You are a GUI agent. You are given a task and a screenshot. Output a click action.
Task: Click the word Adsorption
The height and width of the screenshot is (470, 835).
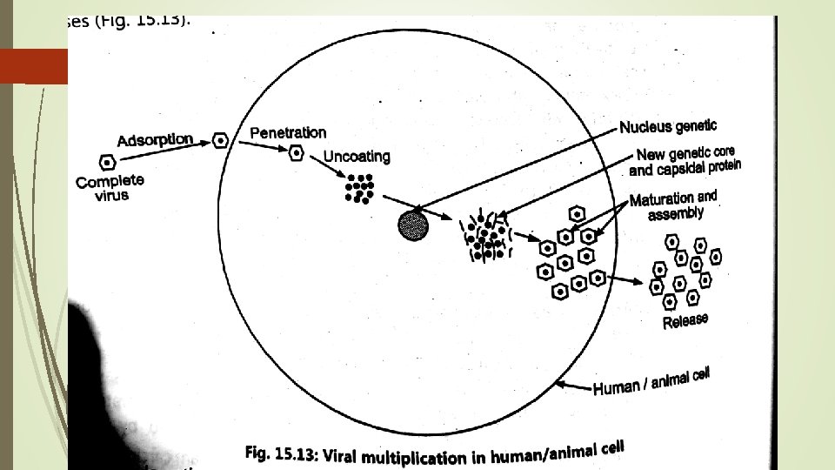[155, 139]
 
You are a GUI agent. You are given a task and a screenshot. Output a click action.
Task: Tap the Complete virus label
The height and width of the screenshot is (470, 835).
[110, 188]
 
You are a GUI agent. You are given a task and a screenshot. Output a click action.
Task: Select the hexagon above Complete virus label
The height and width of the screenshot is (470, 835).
[108, 162]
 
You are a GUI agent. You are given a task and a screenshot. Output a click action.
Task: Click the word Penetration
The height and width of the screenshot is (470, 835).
[288, 132]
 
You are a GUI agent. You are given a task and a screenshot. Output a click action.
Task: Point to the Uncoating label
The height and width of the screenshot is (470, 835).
[357, 157]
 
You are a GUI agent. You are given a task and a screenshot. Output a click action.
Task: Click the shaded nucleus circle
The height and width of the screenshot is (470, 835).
[414, 225]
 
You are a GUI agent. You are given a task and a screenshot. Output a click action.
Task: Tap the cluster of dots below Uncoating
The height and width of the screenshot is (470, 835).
[358, 188]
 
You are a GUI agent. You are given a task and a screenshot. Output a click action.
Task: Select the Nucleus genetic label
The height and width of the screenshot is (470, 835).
[668, 127]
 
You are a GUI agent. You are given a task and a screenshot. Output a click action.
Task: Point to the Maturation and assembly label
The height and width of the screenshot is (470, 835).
[673, 205]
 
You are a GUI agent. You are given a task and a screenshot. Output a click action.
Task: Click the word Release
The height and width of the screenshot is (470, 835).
[685, 321]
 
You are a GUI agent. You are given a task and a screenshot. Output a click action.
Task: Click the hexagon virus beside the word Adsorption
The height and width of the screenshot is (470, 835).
[221, 139]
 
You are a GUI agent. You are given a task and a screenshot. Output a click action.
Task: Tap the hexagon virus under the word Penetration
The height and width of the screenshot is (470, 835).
[297, 153]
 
